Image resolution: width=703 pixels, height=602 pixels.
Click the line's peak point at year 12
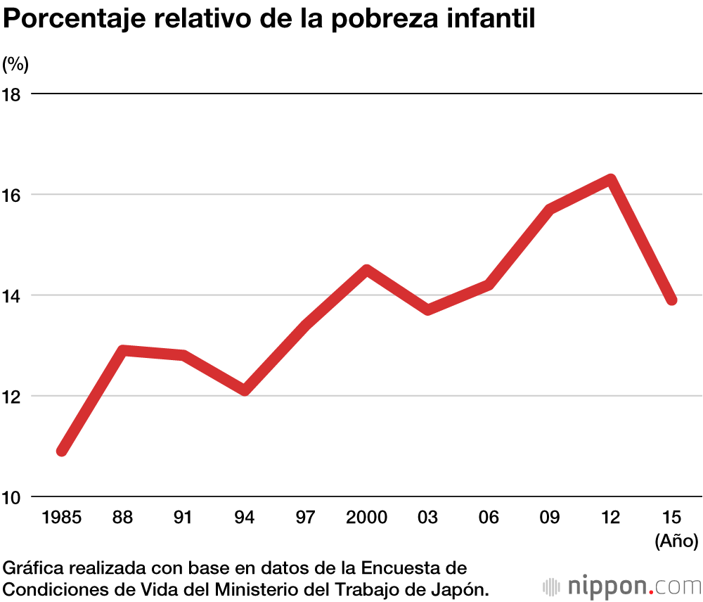coord(611,180)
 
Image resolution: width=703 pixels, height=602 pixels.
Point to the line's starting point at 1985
coord(63,451)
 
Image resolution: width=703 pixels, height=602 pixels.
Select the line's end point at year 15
coord(671,300)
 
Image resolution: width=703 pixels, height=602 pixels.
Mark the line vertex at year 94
coord(245,390)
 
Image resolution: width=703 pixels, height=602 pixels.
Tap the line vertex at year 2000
coord(366,270)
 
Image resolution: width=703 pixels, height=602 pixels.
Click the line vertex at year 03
coord(427,309)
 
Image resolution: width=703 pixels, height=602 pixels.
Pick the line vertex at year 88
coord(123,350)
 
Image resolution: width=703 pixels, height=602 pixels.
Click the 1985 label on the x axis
coord(62,518)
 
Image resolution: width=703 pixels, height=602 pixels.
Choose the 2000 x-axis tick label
coord(366,518)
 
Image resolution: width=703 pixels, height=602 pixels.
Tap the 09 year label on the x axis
coord(550,518)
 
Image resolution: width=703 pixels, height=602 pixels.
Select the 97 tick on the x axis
coord(305,518)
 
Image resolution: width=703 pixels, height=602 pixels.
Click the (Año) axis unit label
coord(676,542)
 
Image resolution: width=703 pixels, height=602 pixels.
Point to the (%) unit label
coord(15,64)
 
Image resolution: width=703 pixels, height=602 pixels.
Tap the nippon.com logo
coord(621,585)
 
